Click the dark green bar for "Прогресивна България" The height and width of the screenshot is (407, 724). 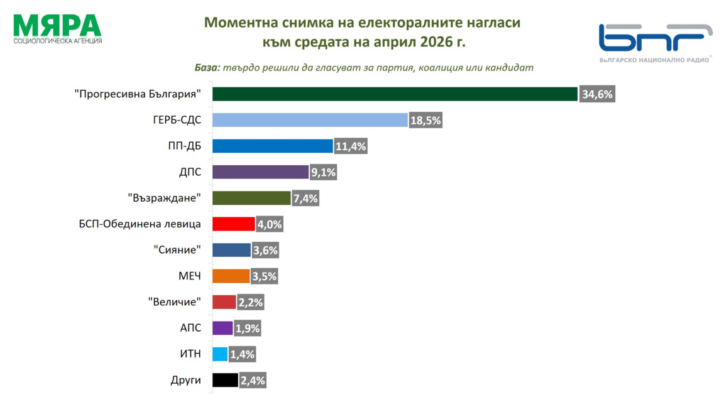(x=395, y=94)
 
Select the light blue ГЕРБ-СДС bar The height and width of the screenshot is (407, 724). (x=310, y=120)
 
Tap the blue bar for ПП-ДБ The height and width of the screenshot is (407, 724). (x=272, y=146)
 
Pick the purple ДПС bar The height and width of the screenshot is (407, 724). (x=260, y=172)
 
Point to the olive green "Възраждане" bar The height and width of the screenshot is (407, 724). (x=251, y=198)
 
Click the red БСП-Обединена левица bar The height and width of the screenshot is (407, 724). (x=234, y=224)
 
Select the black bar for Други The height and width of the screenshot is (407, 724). (x=225, y=380)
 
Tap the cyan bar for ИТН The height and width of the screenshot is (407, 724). (x=220, y=354)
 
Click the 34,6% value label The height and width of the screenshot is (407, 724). (x=596, y=95)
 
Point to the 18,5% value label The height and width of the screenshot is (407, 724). (x=426, y=121)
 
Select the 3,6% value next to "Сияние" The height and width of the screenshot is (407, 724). (x=265, y=251)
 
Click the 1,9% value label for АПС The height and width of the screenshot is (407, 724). (x=247, y=328)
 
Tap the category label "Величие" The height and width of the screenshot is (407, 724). (x=175, y=302)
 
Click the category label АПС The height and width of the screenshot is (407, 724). (x=190, y=328)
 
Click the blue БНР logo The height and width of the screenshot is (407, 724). (x=654, y=38)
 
